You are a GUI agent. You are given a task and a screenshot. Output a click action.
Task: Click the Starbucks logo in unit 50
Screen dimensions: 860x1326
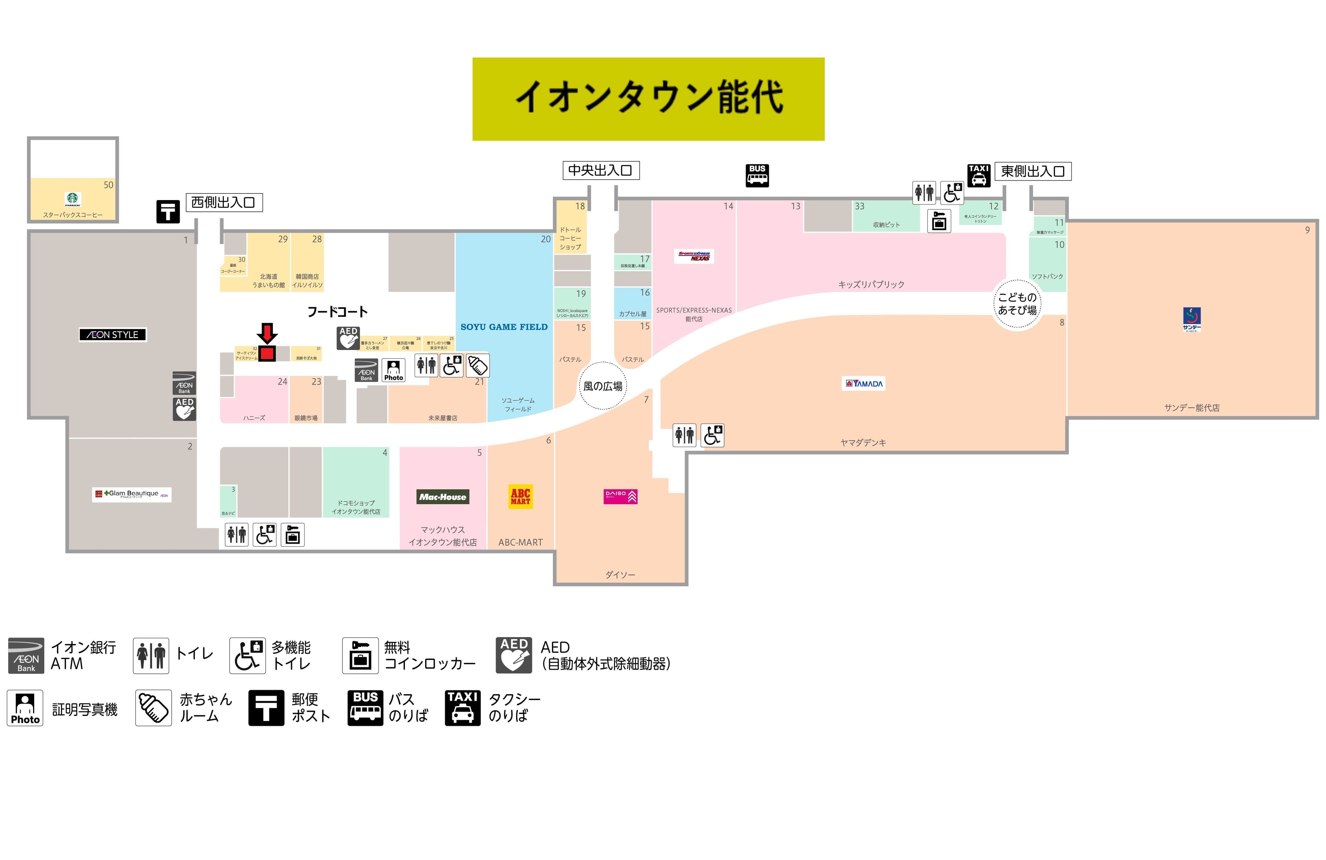pos(73,199)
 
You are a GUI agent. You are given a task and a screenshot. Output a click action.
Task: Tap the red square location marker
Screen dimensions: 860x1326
pos(267,353)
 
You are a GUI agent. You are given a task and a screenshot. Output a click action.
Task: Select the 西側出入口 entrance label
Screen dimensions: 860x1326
pos(223,202)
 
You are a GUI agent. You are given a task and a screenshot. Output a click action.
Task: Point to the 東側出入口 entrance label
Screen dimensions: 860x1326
pos(1032,171)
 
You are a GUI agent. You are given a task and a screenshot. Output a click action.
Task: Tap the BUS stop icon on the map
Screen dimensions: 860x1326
pos(757,175)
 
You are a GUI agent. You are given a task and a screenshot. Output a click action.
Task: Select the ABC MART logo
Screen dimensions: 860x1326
pos(520,496)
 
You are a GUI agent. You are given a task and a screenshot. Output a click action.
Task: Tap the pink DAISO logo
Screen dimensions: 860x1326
pos(620,496)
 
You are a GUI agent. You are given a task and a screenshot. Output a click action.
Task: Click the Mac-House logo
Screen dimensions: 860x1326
pos(443,497)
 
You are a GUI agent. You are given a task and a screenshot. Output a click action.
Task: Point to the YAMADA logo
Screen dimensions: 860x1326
pos(864,384)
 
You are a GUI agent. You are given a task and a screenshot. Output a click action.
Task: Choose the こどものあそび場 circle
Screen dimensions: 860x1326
pos(1017,304)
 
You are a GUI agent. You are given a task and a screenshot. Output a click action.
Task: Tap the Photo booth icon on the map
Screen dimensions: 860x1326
pos(393,369)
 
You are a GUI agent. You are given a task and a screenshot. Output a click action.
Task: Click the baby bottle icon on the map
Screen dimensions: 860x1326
pos(478,366)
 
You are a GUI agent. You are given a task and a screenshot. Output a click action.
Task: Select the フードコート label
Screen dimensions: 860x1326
pos(338,312)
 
